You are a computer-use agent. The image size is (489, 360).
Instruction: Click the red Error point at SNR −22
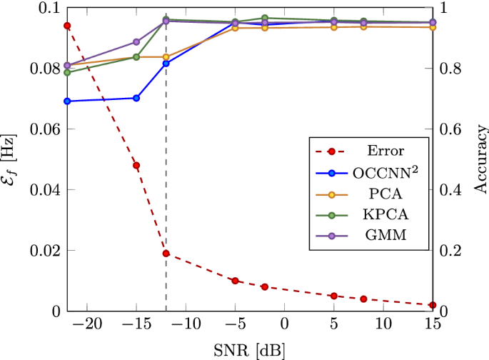[67, 26]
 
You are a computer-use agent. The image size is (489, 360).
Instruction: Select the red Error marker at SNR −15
[136, 166]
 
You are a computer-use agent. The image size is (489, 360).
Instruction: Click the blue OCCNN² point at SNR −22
[67, 101]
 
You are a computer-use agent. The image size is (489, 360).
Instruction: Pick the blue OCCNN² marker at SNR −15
[136, 98]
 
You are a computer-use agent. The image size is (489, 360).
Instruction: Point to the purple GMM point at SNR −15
[136, 42]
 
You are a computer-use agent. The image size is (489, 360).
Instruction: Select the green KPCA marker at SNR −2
[265, 18]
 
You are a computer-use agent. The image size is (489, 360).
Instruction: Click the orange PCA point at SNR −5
[235, 28]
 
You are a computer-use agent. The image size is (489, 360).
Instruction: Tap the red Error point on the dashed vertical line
[166, 254]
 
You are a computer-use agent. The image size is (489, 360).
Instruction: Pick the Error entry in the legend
[386, 151]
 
